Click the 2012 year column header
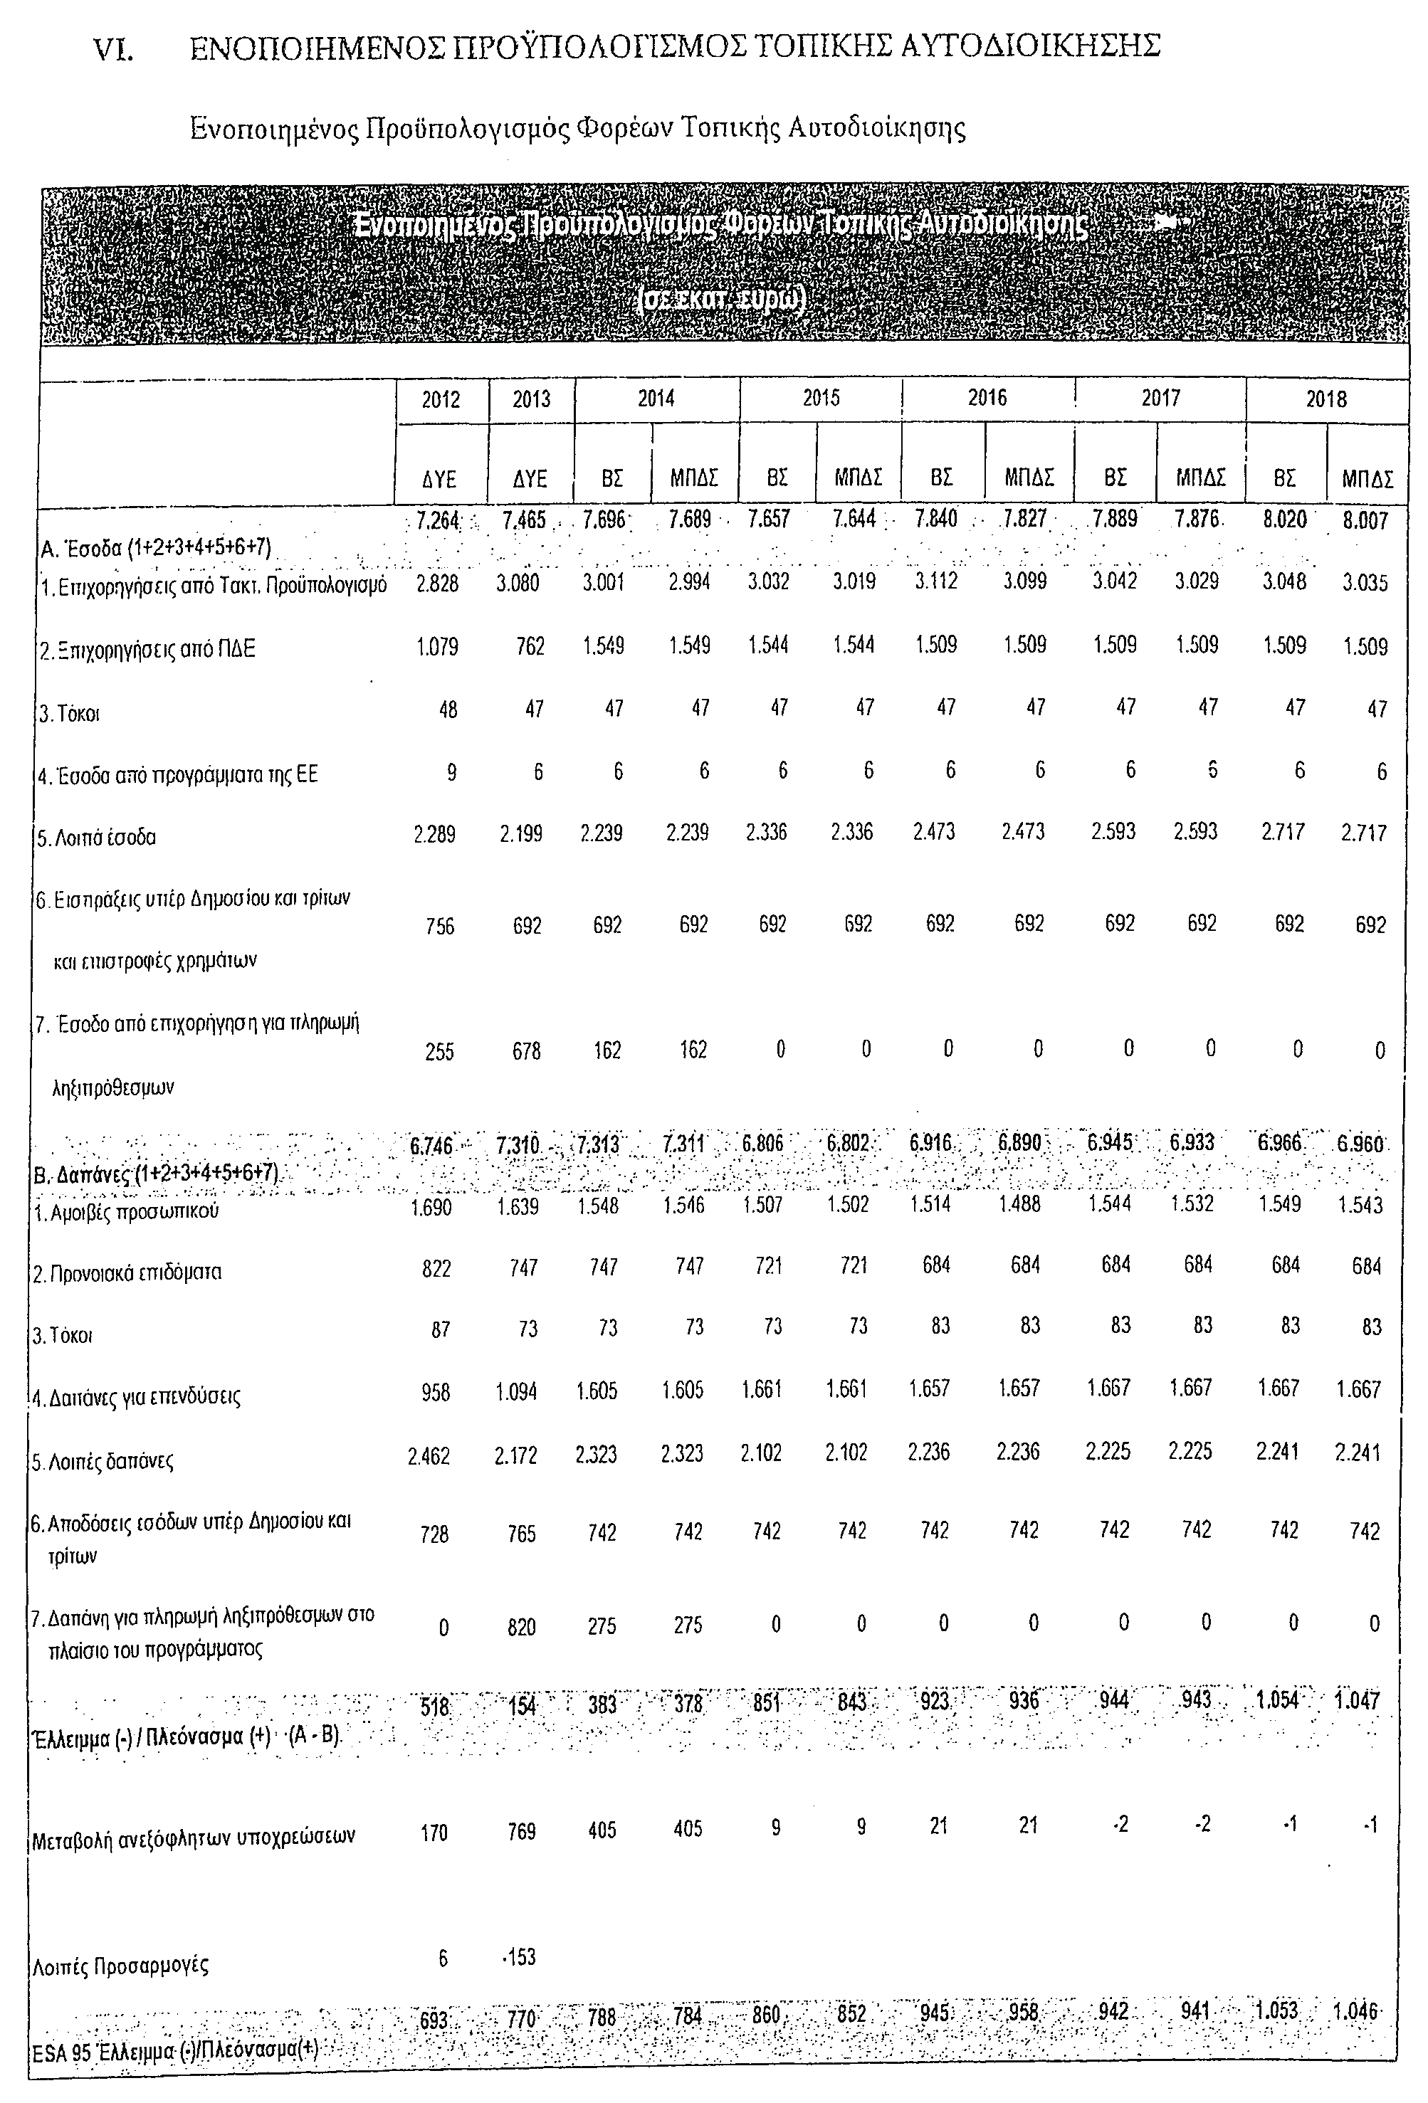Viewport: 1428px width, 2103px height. click(x=441, y=399)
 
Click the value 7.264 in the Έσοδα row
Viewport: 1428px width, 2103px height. click(x=438, y=521)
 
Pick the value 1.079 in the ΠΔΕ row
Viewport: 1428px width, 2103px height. click(x=437, y=648)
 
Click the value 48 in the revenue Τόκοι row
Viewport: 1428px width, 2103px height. click(x=447, y=710)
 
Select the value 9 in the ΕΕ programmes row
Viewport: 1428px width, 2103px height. click(x=451, y=772)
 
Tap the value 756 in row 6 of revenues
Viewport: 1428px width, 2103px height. click(x=440, y=926)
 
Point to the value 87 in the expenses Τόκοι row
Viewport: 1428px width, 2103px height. click(x=441, y=1329)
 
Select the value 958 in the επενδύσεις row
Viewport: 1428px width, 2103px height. click(x=436, y=1392)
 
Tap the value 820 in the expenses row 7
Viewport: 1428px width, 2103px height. click(x=521, y=1627)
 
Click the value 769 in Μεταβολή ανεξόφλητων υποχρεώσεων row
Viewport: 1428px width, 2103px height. click(x=521, y=1832)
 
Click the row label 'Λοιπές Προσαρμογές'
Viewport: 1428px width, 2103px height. click(x=120, y=1966)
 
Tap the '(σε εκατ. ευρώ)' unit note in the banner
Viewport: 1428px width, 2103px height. click(x=721, y=300)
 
